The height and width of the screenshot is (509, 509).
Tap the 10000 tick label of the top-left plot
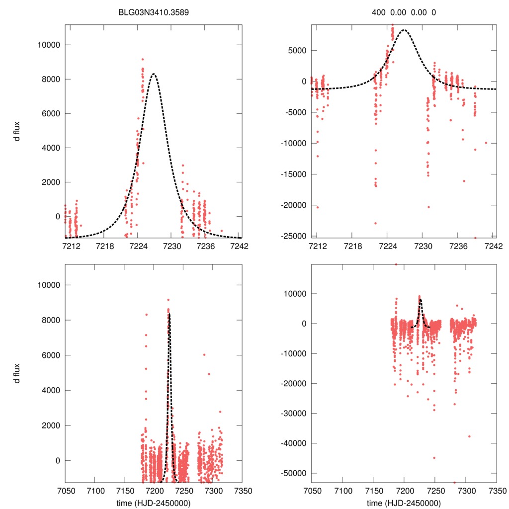tap(49, 45)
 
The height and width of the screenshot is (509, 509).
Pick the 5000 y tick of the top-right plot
tap(298, 50)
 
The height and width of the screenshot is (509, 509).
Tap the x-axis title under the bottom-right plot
tap(404, 503)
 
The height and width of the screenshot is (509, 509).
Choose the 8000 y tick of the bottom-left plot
tap(51, 320)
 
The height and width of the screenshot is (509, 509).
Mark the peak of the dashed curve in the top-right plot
tap(404, 30)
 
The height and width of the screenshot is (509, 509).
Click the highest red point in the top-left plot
tap(143, 59)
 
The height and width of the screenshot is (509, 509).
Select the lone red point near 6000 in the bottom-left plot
tap(204, 354)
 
